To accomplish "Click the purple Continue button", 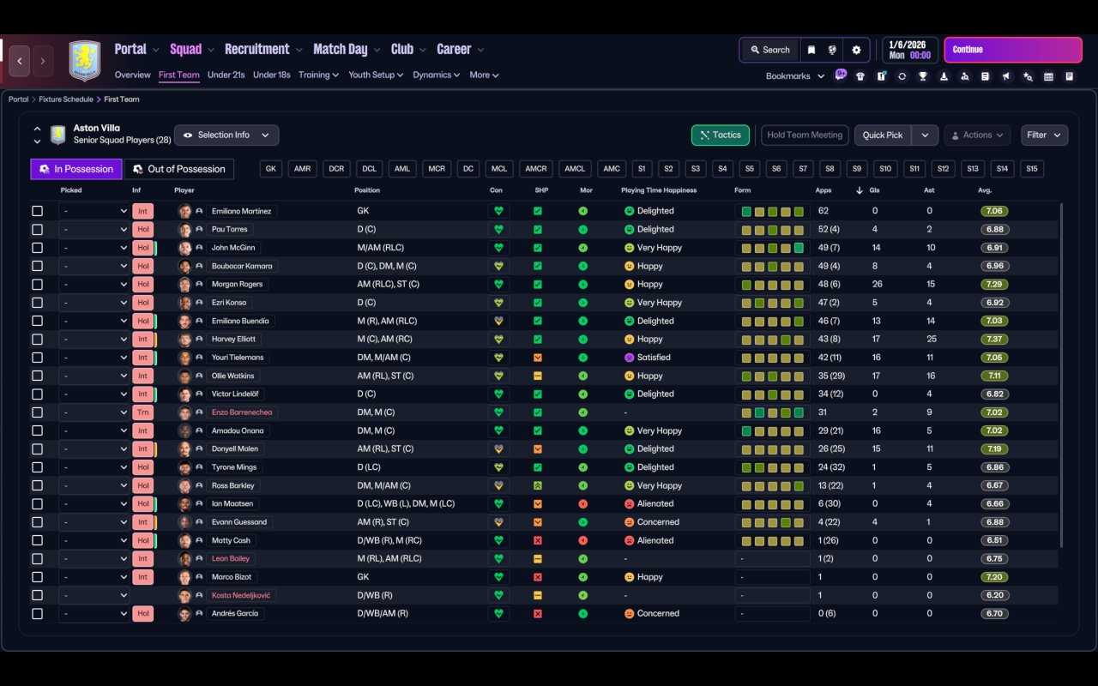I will point(1012,50).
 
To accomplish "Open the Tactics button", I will point(720,135).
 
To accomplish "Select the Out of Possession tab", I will point(179,169).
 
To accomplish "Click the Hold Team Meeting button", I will point(804,135).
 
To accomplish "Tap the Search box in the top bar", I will point(769,50).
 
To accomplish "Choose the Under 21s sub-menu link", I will point(226,75).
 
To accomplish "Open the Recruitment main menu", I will point(256,49).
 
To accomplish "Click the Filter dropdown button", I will point(1044,135).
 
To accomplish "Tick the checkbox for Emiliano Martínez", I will point(37,211).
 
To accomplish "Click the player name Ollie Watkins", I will point(232,376).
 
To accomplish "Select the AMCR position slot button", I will point(536,169).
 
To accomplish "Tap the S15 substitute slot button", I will point(1031,169).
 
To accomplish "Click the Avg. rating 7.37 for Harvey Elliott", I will point(995,339).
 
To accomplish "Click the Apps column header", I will point(823,190).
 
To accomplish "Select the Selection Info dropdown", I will point(226,135).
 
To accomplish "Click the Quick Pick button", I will point(883,135).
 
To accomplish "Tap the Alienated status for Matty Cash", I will point(655,540).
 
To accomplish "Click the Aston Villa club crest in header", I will point(84,61).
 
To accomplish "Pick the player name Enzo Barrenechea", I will point(241,412).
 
